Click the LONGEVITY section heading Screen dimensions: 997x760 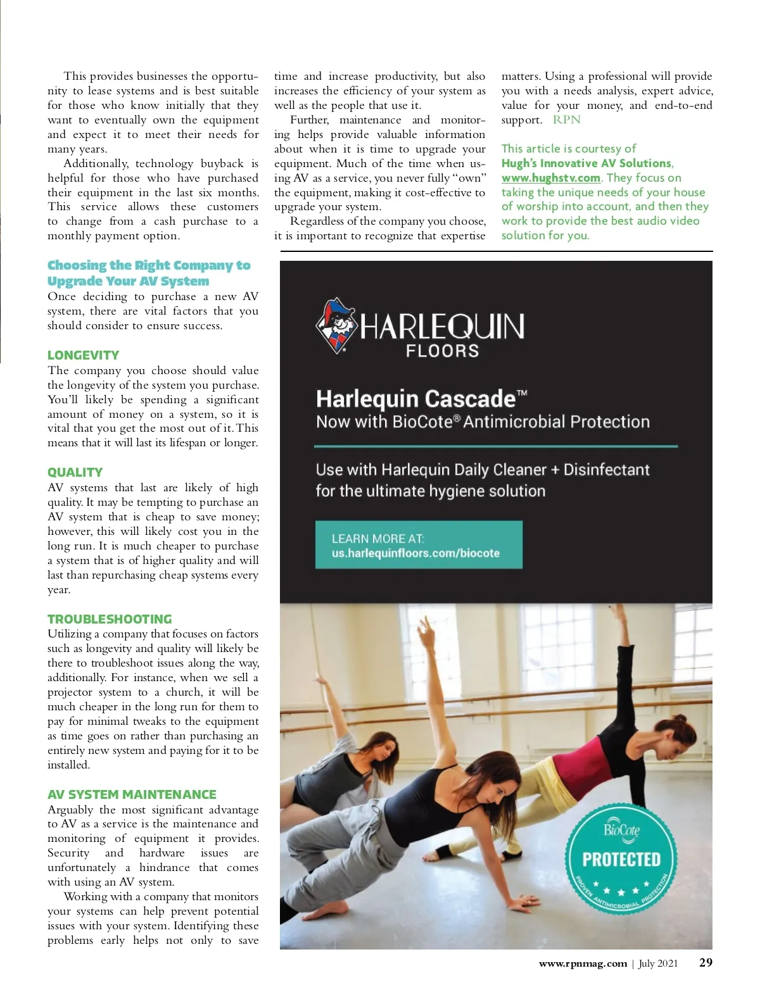(83, 355)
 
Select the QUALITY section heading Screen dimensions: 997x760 (75, 472)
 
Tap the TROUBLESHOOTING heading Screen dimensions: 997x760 (110, 619)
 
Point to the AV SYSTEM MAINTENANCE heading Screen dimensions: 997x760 (132, 794)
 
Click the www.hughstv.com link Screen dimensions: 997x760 (550, 178)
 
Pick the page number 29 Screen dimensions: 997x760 (706, 963)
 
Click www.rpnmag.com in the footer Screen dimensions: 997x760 (583, 963)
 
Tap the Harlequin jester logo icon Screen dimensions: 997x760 (336, 325)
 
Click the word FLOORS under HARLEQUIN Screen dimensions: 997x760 (442, 351)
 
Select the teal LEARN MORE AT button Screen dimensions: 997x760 (419, 545)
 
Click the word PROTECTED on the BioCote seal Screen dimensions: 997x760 (621, 860)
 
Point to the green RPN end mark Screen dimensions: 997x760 (566, 120)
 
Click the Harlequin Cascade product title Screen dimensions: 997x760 (415, 399)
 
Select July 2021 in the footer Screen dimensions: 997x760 (658, 963)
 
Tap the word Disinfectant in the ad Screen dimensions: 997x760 (606, 470)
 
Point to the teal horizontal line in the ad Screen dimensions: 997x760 (496, 446)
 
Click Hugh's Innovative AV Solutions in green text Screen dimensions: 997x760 (586, 163)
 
